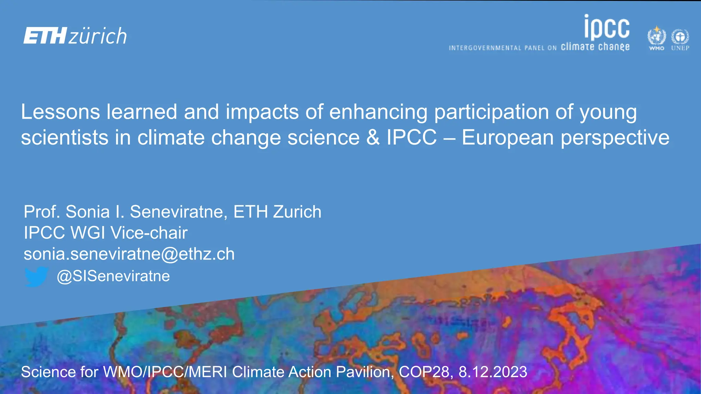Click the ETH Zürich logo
pyautogui.click(x=75, y=36)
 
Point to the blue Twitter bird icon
pyautogui.click(x=36, y=276)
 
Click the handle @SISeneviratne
pyautogui.click(x=113, y=276)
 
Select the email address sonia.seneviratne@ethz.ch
pyautogui.click(x=129, y=254)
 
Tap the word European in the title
pyautogui.click(x=508, y=137)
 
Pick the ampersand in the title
pyautogui.click(x=373, y=137)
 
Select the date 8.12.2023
pyautogui.click(x=493, y=372)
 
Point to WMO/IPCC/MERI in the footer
pyautogui.click(x=165, y=372)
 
